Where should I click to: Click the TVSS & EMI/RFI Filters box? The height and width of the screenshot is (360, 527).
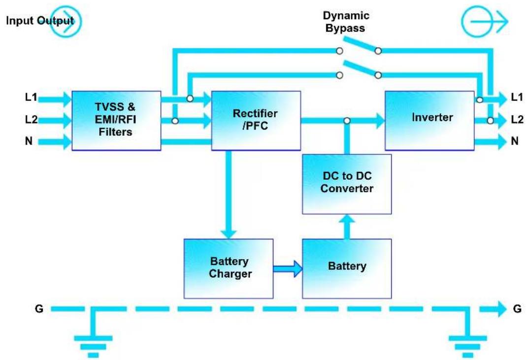116,120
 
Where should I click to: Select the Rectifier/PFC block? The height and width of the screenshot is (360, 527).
256,120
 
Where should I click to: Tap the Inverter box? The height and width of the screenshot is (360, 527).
429,120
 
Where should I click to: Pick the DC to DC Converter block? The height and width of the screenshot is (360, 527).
347,184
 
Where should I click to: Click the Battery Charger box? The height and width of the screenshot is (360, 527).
229,268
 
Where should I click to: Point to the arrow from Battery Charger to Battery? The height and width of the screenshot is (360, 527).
288,268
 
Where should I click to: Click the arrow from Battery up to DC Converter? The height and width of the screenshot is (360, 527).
347,227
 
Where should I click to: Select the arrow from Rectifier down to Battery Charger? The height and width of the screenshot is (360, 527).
229,195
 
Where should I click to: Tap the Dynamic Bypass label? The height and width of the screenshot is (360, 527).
346,22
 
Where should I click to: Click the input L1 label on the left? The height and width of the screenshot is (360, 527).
31,97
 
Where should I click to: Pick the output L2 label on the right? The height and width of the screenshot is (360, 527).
517,119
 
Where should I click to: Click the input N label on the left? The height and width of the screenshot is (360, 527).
29,141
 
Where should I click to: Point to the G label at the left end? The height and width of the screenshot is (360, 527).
39,309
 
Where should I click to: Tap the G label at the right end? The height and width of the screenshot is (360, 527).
517,309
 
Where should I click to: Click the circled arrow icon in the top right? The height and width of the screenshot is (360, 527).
485,22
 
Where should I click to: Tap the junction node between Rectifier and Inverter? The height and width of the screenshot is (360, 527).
347,121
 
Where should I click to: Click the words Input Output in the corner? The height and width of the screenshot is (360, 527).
40,21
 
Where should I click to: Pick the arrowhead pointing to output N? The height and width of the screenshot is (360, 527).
502,141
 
